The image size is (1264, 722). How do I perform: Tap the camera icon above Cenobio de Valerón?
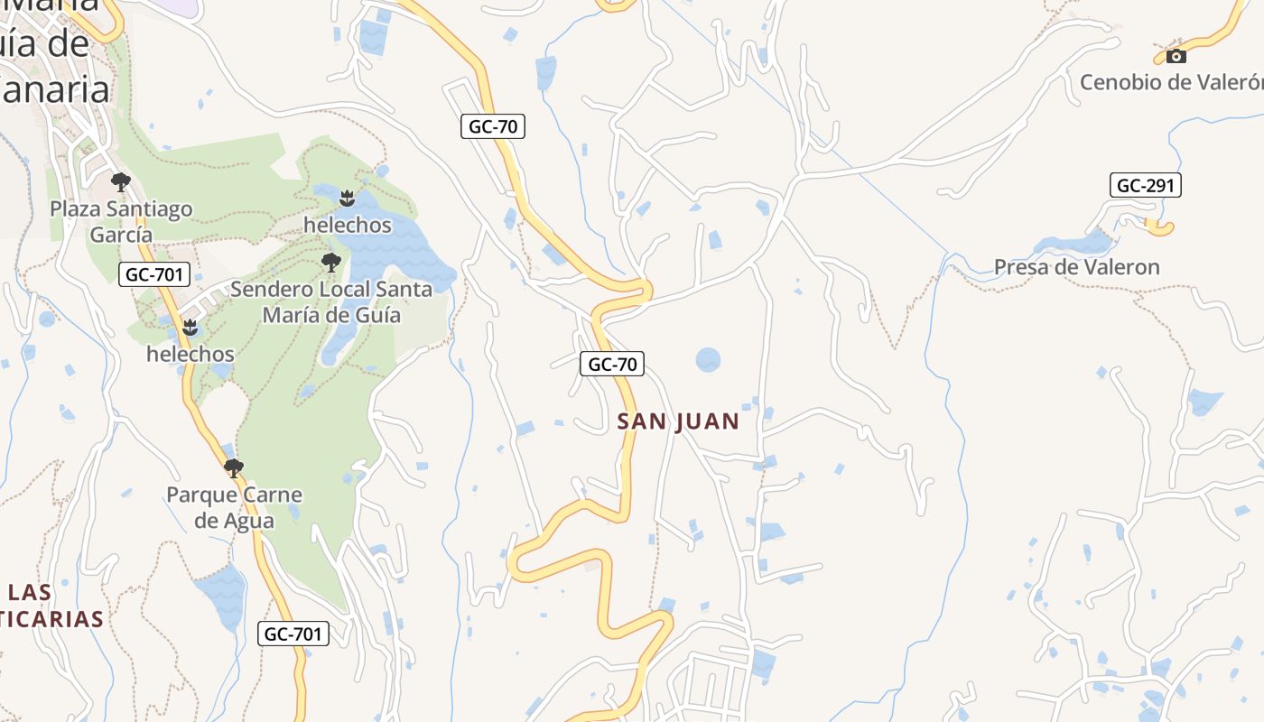[x=1176, y=56]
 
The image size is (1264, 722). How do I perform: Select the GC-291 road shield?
[x=1145, y=186]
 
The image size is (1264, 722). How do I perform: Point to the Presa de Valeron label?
[x=1076, y=267]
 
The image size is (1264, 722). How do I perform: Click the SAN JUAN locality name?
[x=678, y=421]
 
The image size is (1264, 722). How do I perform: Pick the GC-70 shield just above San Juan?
[x=612, y=365]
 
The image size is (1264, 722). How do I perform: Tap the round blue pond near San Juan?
[x=708, y=360]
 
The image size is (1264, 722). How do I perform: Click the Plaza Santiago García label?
[x=121, y=221]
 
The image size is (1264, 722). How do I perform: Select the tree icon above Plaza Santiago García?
[x=121, y=182]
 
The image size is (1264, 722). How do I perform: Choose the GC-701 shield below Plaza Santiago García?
[x=154, y=274]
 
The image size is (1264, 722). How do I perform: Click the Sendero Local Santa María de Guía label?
[x=330, y=302]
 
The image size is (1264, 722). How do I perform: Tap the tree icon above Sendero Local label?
[x=331, y=263]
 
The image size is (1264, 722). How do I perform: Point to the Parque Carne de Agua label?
[x=234, y=507]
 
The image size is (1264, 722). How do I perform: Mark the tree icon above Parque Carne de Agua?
[x=234, y=468]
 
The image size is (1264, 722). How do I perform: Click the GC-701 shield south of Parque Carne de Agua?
[x=293, y=634]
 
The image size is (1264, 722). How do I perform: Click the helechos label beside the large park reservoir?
[x=348, y=225]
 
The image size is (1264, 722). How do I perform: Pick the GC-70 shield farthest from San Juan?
[x=493, y=126]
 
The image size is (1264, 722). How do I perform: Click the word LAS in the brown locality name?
[x=30, y=593]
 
